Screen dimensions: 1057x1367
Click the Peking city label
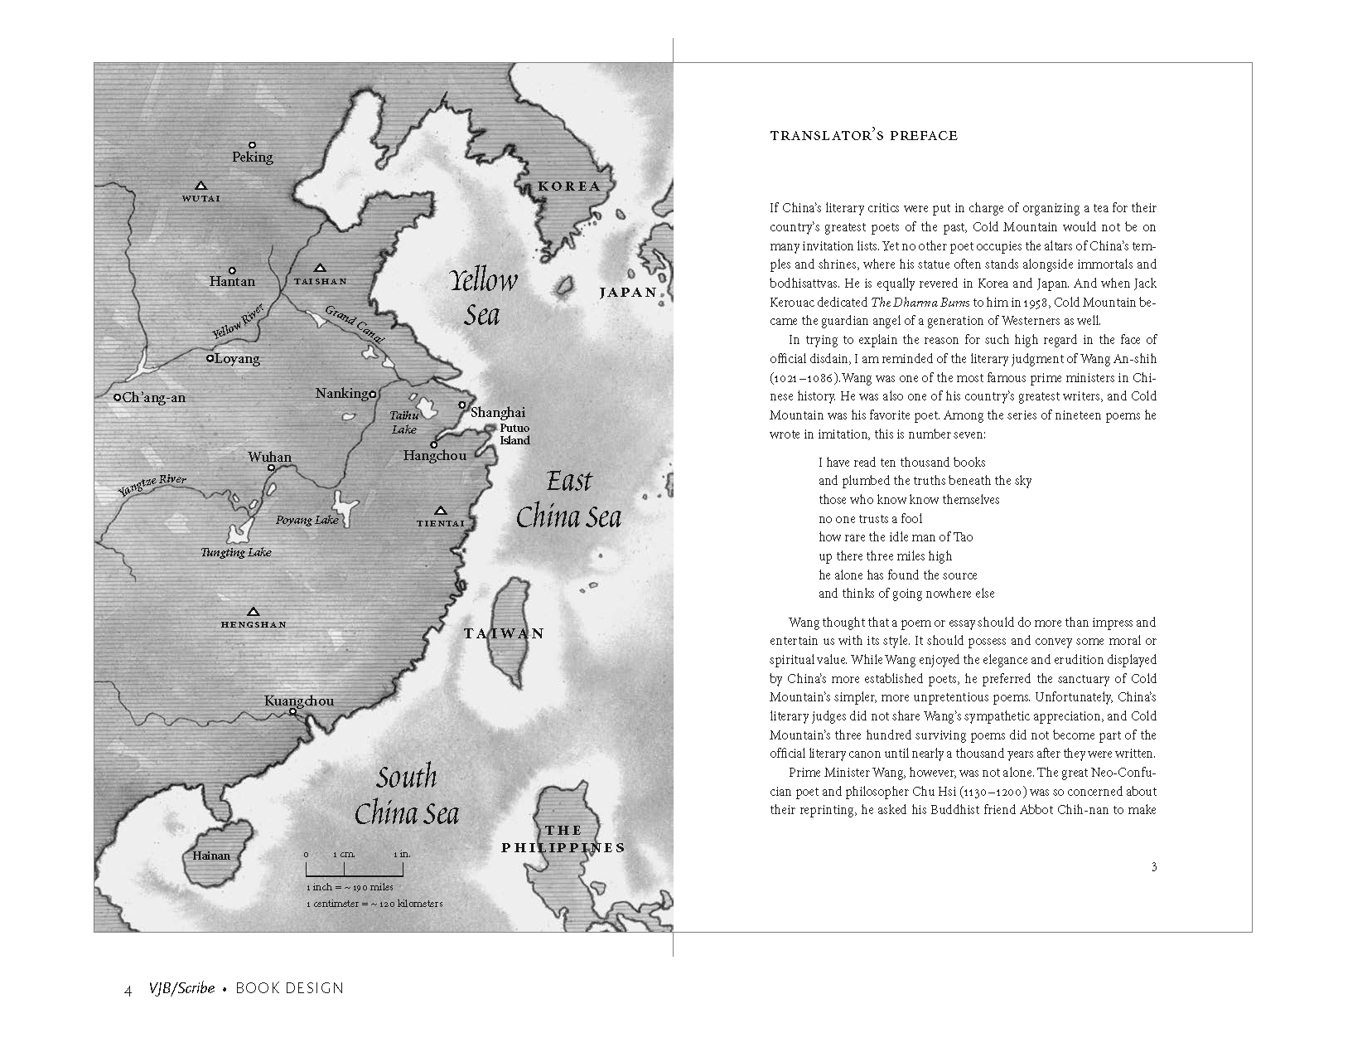tap(253, 157)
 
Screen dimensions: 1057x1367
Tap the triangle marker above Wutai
tap(200, 186)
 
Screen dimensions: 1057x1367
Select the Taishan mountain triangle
tap(321, 269)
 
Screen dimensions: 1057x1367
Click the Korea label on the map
tap(568, 186)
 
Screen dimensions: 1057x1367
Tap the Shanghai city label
tap(498, 412)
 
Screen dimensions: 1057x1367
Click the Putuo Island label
tap(514, 434)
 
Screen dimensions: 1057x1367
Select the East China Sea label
tap(568, 499)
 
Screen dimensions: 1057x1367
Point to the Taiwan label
tap(504, 633)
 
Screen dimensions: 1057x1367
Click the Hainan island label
tap(210, 856)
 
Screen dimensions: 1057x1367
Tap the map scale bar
tap(355, 870)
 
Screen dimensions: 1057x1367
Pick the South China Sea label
tap(407, 795)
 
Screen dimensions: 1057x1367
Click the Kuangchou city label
tap(299, 701)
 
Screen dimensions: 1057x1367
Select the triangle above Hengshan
tap(254, 612)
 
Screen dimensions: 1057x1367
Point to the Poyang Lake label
tap(307, 520)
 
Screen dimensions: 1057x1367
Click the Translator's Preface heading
tap(863, 136)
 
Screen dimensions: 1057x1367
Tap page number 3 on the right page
tap(1154, 867)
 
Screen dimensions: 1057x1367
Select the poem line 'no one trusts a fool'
tap(870, 519)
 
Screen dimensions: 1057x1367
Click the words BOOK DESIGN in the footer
tap(289, 988)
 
